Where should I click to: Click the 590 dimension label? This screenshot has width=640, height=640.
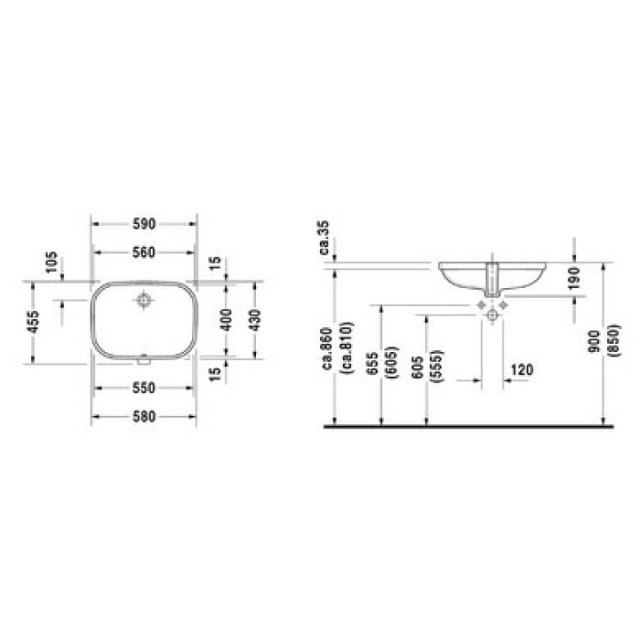[144, 223]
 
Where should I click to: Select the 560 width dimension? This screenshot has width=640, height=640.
[144, 253]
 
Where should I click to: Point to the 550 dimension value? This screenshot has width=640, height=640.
[144, 388]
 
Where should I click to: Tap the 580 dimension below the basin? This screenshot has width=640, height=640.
[144, 417]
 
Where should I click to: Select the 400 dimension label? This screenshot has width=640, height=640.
[226, 319]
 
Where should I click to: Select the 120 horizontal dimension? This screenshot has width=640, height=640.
[521, 369]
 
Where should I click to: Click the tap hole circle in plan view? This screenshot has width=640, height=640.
[144, 300]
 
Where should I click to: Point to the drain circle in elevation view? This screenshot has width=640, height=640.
[493, 315]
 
